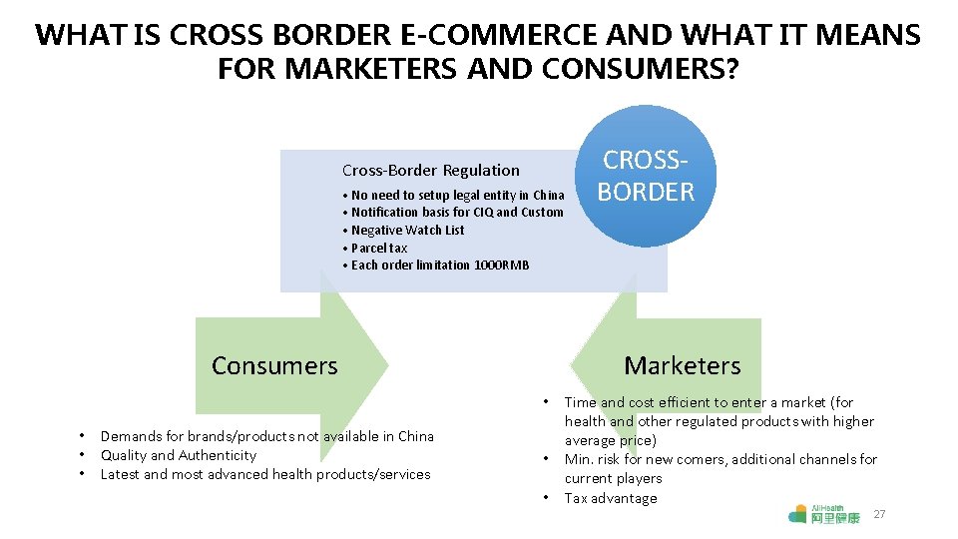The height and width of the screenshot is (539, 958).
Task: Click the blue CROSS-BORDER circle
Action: (646, 176)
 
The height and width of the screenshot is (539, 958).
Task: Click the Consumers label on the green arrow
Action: (274, 366)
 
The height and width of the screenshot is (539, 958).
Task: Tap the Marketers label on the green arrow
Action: (683, 366)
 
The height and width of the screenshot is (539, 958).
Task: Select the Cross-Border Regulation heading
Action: (431, 171)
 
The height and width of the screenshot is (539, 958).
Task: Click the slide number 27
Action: (879, 514)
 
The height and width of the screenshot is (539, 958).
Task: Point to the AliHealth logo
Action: (823, 514)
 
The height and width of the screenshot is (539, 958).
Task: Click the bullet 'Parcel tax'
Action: (379, 248)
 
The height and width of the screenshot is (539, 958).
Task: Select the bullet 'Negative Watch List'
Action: (407, 230)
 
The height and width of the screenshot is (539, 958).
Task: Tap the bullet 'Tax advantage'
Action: (611, 498)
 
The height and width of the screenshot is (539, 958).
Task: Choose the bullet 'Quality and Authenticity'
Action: (179, 455)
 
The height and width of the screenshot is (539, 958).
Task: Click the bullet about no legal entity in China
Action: (457, 196)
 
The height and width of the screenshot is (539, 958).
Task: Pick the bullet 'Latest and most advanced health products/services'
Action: (265, 474)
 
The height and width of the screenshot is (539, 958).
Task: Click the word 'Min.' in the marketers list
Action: (580, 460)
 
